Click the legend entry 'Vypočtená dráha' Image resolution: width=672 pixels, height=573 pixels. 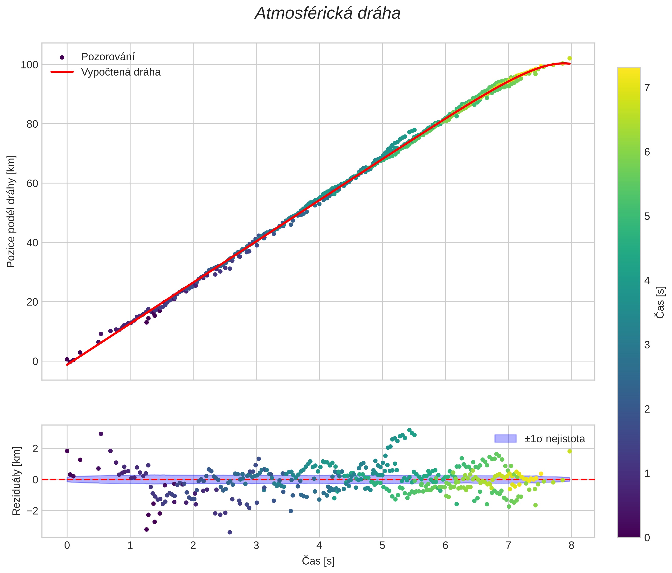(121, 72)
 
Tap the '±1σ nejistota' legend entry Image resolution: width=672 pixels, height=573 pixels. (555, 439)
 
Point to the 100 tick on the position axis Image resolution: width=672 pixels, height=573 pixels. (29, 65)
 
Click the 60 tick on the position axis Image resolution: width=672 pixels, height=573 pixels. (32, 183)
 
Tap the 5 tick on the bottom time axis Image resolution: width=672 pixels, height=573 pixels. (382, 546)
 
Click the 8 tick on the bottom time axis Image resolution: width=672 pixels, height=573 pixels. (571, 546)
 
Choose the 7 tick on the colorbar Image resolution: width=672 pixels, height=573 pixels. (647, 88)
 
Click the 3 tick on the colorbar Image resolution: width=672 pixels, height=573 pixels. (647, 345)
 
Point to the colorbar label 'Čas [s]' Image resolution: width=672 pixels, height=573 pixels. (660, 302)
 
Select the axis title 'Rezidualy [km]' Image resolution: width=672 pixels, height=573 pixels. (16, 481)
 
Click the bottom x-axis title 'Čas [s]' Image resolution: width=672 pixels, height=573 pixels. (318, 561)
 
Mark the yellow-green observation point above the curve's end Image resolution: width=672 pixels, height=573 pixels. (570, 58)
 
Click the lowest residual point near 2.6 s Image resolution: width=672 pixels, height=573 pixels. (230, 532)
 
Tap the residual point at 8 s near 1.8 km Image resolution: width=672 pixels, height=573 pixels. (570, 451)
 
